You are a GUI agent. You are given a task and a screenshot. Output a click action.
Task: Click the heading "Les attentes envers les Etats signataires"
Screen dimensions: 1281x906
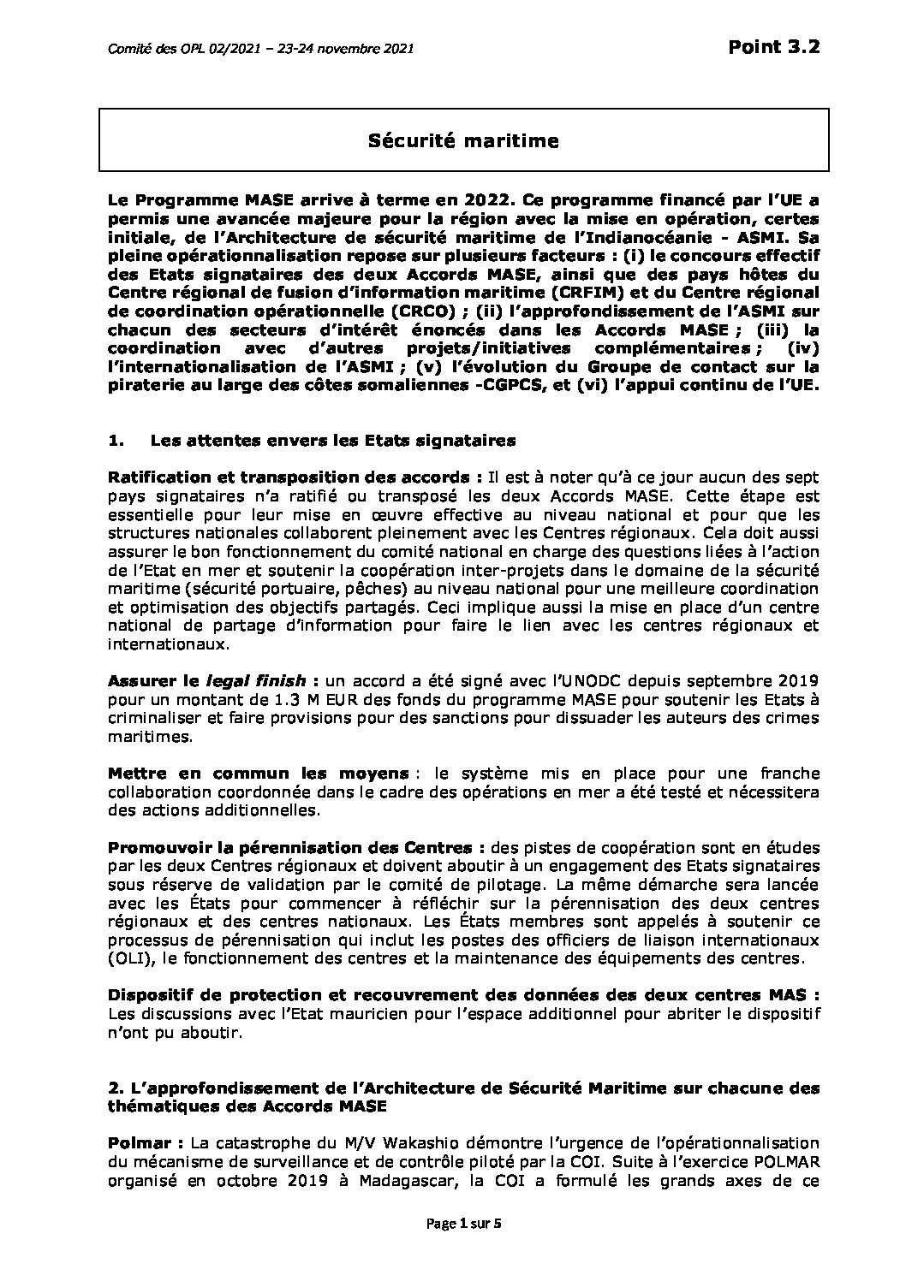point(332,442)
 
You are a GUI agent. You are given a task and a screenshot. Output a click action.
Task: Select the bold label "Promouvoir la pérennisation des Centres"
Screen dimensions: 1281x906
point(289,847)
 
